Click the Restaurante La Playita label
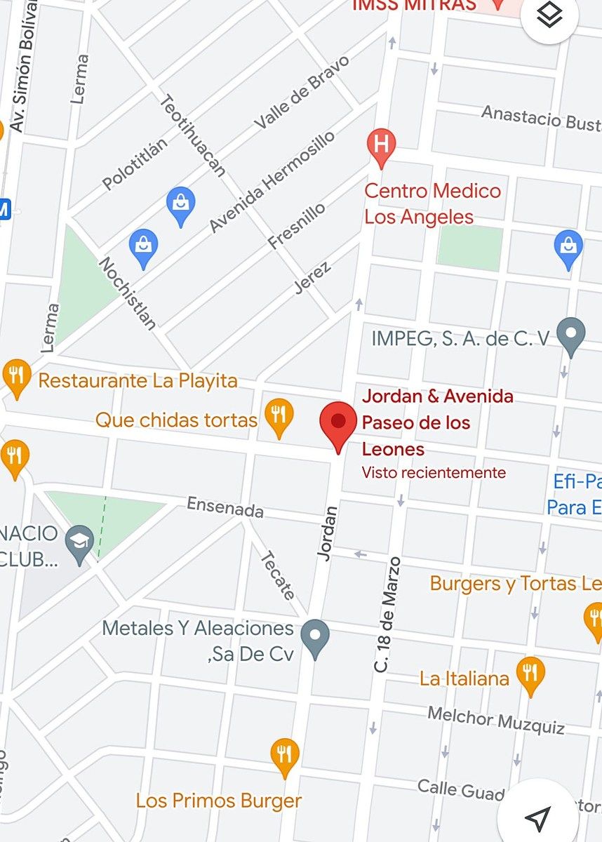pos(138,381)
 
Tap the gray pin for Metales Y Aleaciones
pos(314,637)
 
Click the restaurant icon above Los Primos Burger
pos(284,756)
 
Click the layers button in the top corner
pos(549,16)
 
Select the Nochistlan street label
pos(127,293)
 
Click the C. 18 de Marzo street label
pos(387,615)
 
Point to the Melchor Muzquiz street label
pos(496,720)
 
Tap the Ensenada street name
pos(225,507)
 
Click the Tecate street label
pos(278,575)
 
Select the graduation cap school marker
pos(79,542)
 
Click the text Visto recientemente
pos(434,473)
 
